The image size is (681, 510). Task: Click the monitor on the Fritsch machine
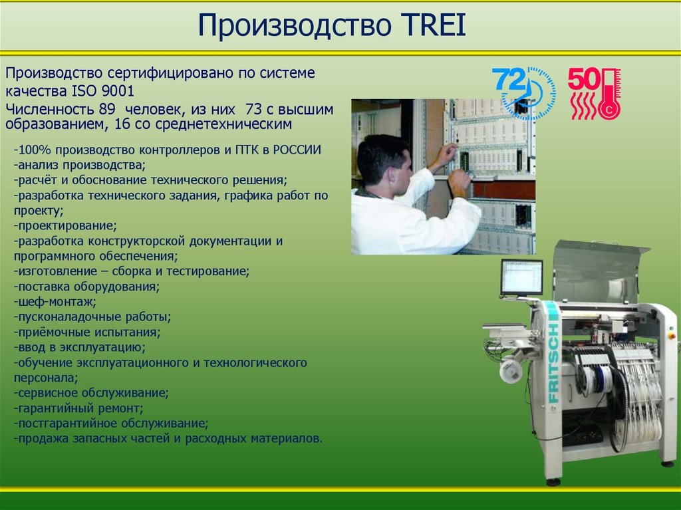pyautogui.click(x=521, y=277)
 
